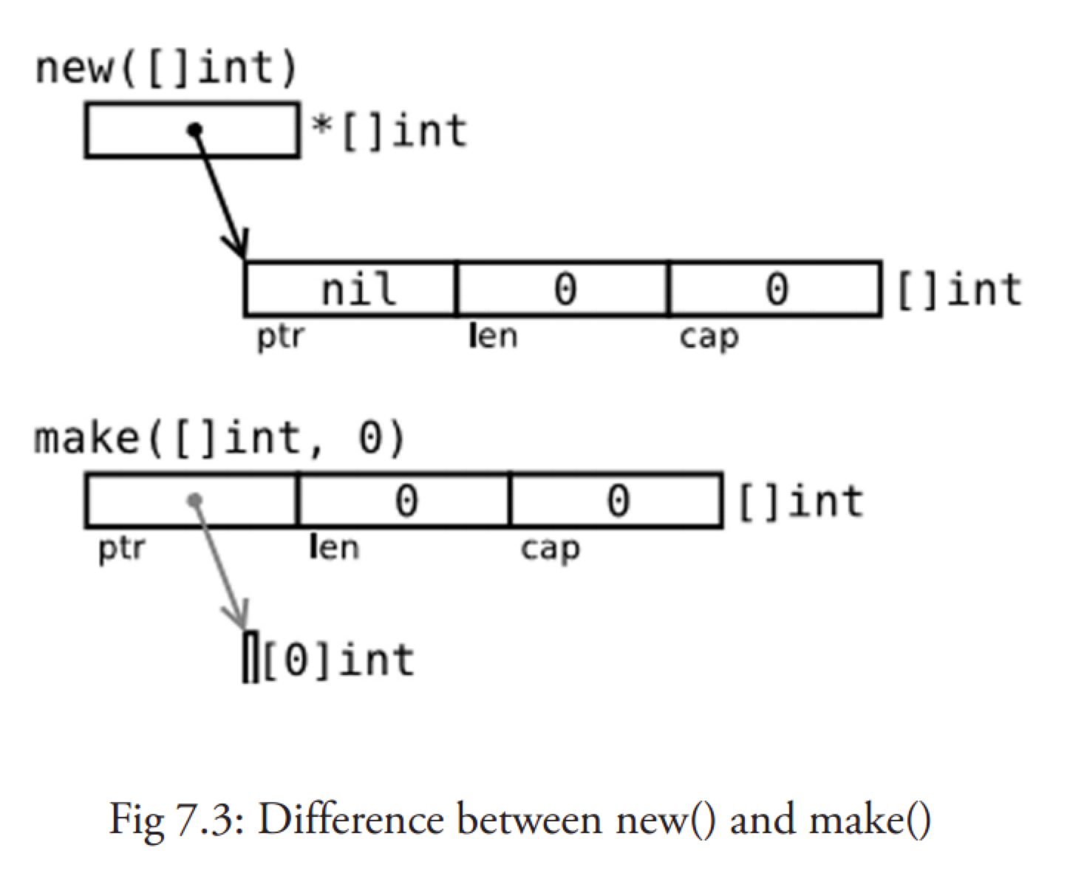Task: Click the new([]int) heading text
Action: [x=166, y=69]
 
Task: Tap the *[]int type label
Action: [x=390, y=131]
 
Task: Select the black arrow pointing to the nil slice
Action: [x=219, y=194]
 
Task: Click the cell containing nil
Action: [x=350, y=289]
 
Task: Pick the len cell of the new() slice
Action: [x=563, y=289]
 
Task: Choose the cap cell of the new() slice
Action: [x=775, y=289]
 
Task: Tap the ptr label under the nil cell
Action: [x=280, y=337]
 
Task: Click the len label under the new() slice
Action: [x=493, y=337]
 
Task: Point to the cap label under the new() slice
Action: [x=709, y=338]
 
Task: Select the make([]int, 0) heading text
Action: [x=220, y=439]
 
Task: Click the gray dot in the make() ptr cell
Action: [x=194, y=501]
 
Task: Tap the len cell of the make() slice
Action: [x=404, y=501]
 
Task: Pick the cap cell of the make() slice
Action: [x=617, y=501]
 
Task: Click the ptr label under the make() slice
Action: [x=122, y=549]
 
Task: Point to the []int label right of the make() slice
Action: [x=800, y=501]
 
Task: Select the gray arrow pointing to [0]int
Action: [x=220, y=565]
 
